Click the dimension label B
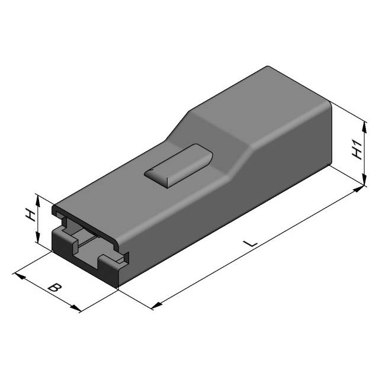[x=54, y=288]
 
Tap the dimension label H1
[x=356, y=149]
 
